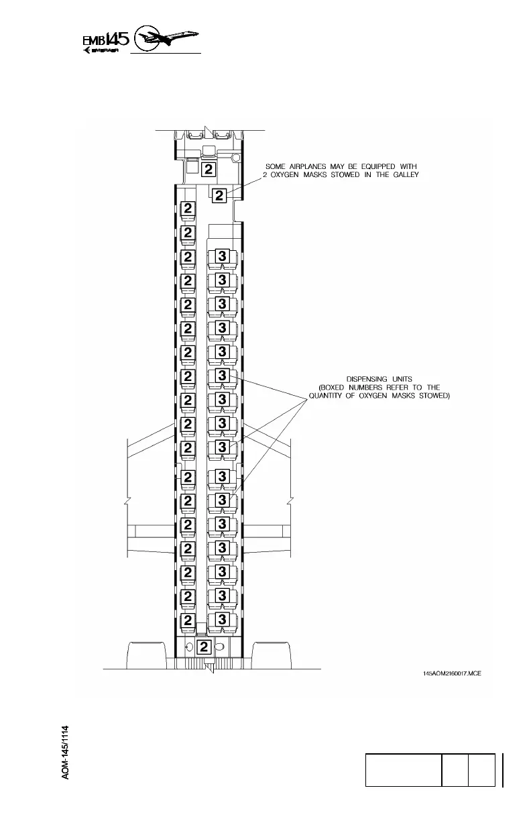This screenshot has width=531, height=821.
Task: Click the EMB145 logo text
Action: coord(105,41)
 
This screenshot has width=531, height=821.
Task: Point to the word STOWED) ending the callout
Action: coord(433,396)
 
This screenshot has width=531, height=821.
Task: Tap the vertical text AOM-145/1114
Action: coord(65,751)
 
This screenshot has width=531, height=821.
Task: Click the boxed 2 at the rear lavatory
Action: coord(205,647)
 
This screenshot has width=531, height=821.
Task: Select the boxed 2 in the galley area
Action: coord(219,196)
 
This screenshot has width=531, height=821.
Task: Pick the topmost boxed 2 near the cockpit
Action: coord(209,168)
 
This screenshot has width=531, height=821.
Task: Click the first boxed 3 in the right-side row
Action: coord(222,256)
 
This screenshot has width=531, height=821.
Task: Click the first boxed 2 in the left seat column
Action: coord(188,209)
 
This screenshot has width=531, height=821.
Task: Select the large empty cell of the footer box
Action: coord(402,769)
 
